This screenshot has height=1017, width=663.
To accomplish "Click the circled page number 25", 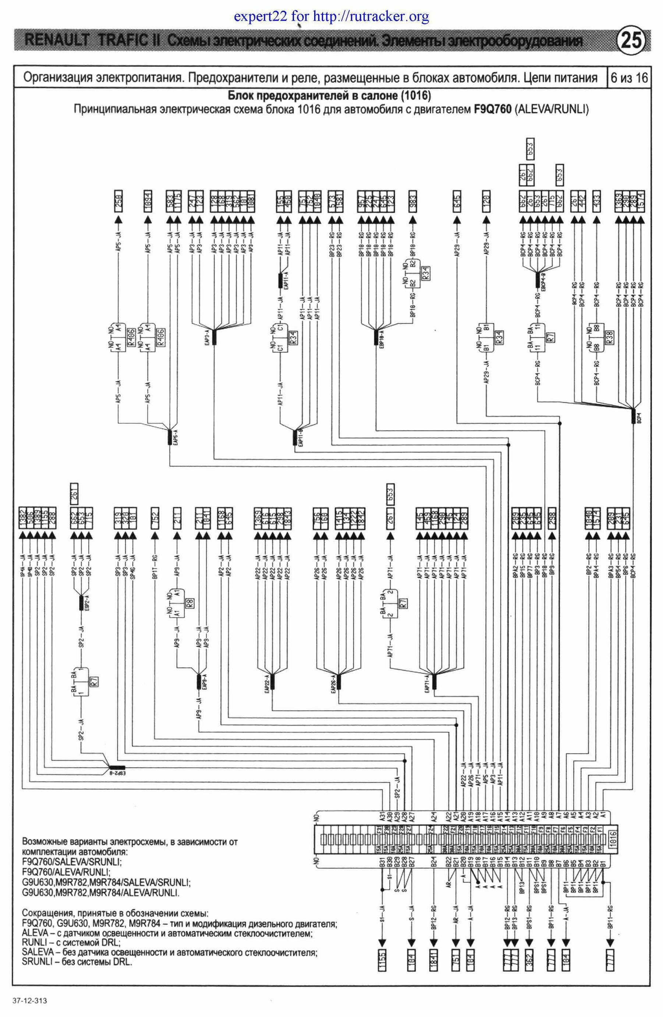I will (x=631, y=41).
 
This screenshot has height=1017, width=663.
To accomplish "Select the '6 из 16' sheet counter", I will (x=629, y=78).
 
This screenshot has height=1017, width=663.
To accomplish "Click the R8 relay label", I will (x=191, y=603).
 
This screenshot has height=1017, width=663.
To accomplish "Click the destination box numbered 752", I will (x=155, y=519).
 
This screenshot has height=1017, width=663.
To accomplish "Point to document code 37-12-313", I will (x=30, y=1001).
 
